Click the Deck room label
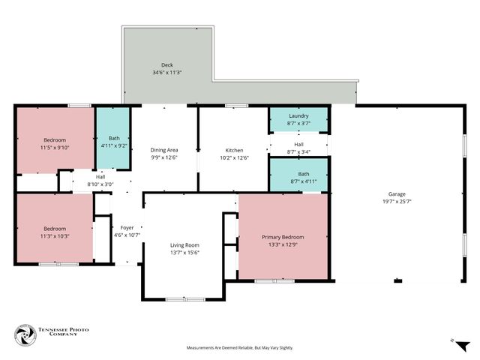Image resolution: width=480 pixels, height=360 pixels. pos(166,65)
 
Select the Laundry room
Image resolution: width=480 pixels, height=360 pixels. pos(298,119)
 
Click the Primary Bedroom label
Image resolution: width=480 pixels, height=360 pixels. pos(283,237)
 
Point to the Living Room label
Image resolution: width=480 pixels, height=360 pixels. pos(184,245)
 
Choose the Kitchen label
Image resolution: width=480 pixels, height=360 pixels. pos(234,150)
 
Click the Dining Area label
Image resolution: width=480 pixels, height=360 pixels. pos(164,150)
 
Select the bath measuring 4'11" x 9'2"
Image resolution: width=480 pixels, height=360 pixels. pos(113,141)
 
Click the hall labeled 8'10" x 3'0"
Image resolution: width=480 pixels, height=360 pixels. pos(100,180)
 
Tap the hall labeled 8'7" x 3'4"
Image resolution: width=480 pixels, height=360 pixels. pos(298,148)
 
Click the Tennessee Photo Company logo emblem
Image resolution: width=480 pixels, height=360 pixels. pos(26,336)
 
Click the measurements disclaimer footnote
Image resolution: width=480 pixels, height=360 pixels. pos(240,348)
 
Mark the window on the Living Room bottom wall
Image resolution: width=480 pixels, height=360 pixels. pos(184,299)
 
